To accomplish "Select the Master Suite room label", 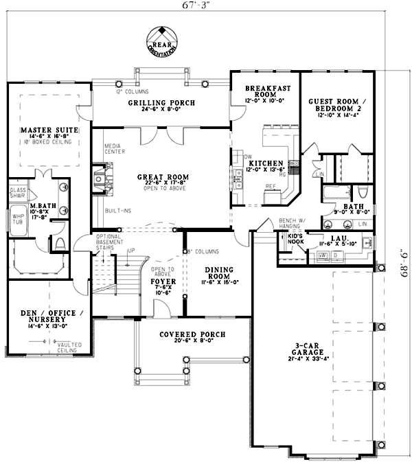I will tap(48, 130).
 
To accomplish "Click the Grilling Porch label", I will tap(161, 103).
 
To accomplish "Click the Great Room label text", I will tap(163, 177).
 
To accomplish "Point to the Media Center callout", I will tap(113, 149).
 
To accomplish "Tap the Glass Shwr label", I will tap(18, 192).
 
